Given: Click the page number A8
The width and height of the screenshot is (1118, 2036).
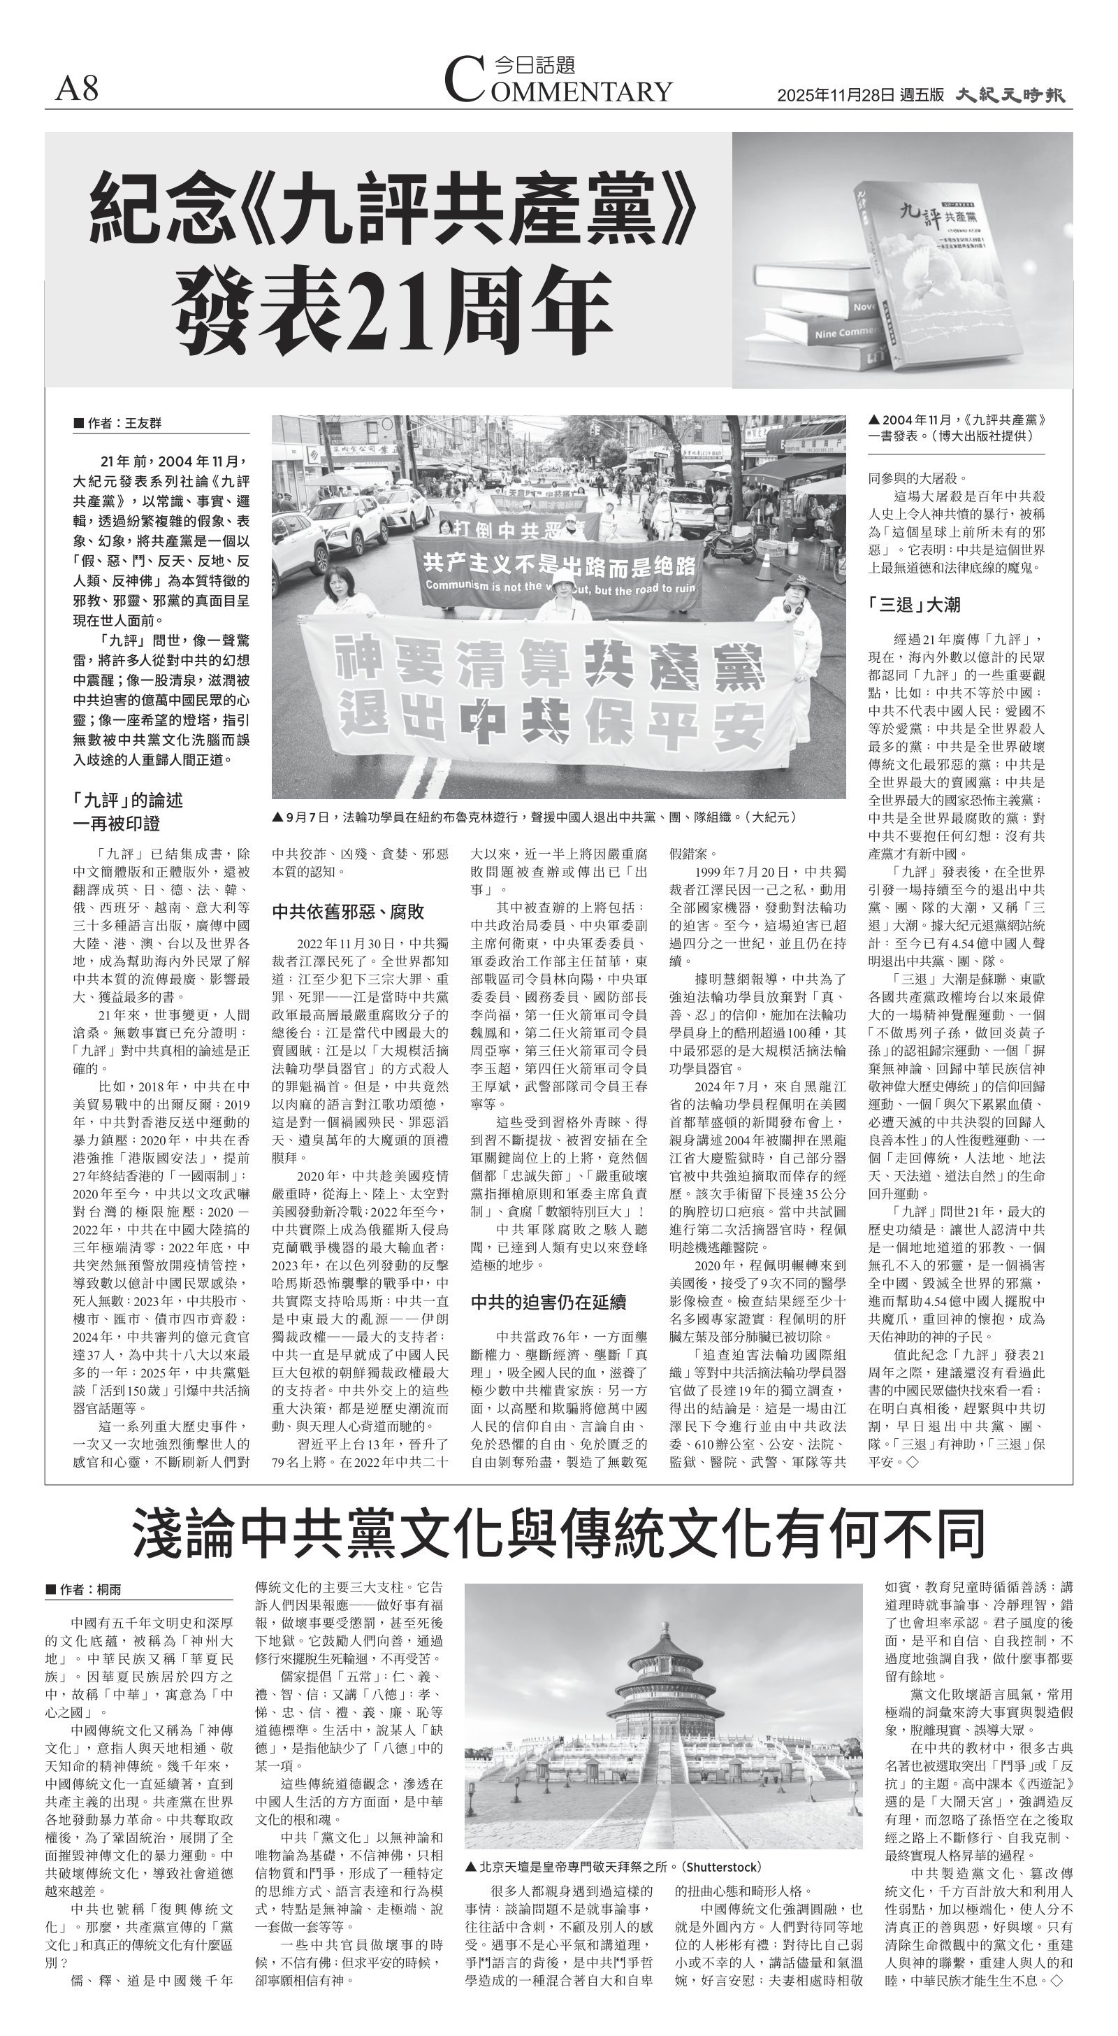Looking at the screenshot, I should coord(78,89).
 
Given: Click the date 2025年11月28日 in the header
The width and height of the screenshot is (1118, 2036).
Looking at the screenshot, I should coord(836,96).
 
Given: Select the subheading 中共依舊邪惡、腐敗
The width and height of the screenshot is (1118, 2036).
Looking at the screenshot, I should coord(349,911).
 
